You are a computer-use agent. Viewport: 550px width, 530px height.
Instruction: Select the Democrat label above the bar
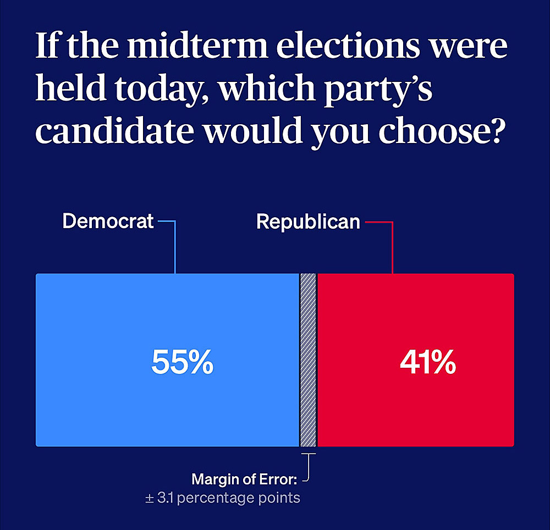pyautogui.click(x=108, y=221)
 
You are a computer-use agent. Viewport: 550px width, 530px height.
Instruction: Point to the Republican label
pyautogui.click(x=308, y=221)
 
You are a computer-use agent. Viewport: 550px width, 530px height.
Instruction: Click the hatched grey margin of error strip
pyautogui.click(x=308, y=360)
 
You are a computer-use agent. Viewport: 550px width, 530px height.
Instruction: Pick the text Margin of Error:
pyautogui.click(x=244, y=479)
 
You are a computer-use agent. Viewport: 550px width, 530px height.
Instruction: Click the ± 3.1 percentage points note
pyautogui.click(x=222, y=498)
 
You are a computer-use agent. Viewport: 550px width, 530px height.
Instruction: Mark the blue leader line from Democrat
pyautogui.click(x=174, y=247)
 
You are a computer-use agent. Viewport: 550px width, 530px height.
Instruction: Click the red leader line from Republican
pyautogui.click(x=392, y=247)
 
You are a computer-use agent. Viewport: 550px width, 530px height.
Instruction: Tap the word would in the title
pyautogui.click(x=253, y=132)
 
